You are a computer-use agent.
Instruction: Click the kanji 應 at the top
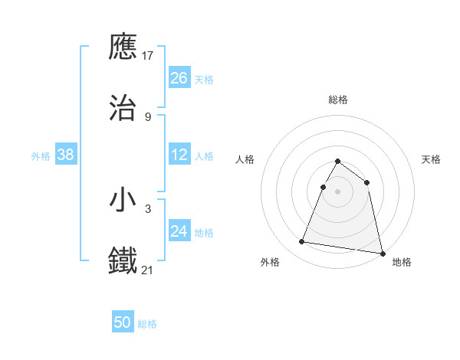pyautogui.click(x=123, y=47)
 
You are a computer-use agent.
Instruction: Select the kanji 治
pyautogui.click(x=123, y=108)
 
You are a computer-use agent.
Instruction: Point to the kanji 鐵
pyautogui.click(x=123, y=260)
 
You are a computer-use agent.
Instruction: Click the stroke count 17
pyautogui.click(x=149, y=56)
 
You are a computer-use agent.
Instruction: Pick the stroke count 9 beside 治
pyautogui.click(x=148, y=116)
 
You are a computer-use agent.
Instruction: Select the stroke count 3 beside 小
pyautogui.click(x=148, y=208)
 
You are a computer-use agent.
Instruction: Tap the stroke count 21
pyautogui.click(x=148, y=269)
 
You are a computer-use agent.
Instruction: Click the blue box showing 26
pyautogui.click(x=179, y=78)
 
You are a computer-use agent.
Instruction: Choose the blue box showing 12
pyautogui.click(x=179, y=155)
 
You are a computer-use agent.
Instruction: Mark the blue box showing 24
pyautogui.click(x=179, y=231)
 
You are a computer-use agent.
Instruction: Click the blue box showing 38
pyautogui.click(x=66, y=155)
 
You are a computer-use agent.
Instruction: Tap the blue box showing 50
pyautogui.click(x=123, y=322)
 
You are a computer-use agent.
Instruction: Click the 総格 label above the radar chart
pyautogui.click(x=338, y=100)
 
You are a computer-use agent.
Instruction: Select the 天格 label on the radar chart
pyautogui.click(x=431, y=159)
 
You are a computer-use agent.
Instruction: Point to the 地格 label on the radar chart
pyautogui.click(x=402, y=262)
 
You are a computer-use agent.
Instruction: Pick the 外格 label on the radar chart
pyautogui.click(x=270, y=262)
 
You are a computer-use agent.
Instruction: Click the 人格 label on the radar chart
pyautogui.click(x=245, y=159)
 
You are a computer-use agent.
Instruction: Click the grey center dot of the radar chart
pyautogui.click(x=338, y=191)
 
